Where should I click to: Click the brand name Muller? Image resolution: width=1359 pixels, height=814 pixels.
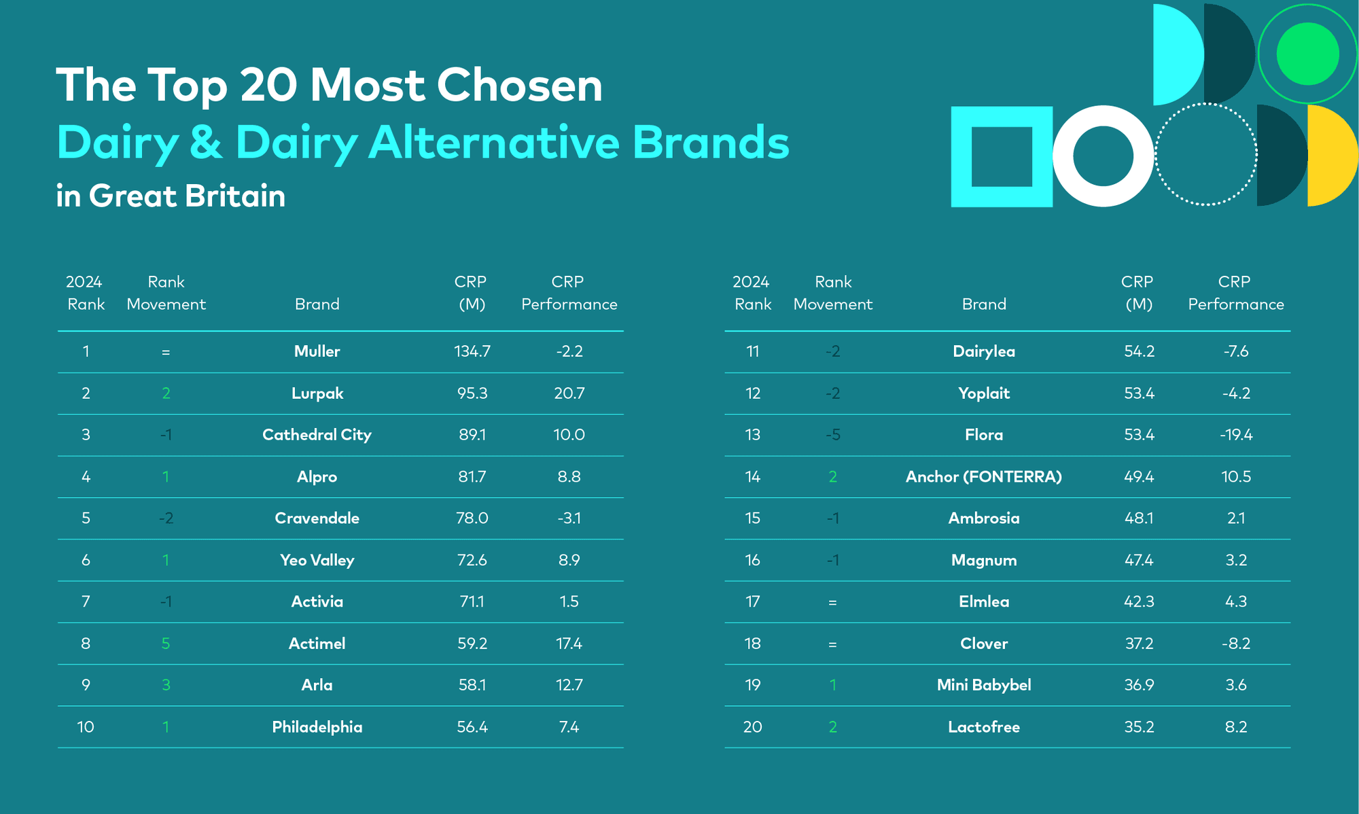[317, 351]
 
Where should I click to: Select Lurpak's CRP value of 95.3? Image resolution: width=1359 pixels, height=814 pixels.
[472, 393]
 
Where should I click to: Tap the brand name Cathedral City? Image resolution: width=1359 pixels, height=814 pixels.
[317, 435]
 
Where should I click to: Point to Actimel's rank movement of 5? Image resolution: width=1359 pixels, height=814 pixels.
[166, 643]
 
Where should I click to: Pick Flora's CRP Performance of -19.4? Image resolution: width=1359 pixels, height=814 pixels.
[1235, 435]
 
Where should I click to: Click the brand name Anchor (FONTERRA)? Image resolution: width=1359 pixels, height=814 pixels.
[983, 477]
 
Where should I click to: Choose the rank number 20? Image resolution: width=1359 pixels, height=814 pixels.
[752, 727]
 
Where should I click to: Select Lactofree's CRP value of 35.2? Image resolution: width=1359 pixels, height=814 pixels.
[1139, 727]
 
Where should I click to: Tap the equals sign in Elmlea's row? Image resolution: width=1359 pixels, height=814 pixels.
[832, 602]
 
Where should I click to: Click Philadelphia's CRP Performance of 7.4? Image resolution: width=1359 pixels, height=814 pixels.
[569, 727]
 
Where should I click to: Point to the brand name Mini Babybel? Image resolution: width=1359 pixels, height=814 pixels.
[983, 685]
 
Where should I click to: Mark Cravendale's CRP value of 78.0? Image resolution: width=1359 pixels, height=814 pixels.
[472, 518]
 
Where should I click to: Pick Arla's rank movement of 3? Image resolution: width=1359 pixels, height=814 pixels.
[166, 685]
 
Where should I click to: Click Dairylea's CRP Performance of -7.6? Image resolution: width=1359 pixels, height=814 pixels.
[1235, 351]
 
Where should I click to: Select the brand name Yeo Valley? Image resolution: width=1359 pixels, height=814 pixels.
[317, 561]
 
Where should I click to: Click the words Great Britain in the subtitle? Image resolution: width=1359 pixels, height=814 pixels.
[187, 196]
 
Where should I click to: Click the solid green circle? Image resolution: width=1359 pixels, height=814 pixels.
[1307, 54]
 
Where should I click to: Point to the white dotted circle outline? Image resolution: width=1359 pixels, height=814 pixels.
[1206, 105]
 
